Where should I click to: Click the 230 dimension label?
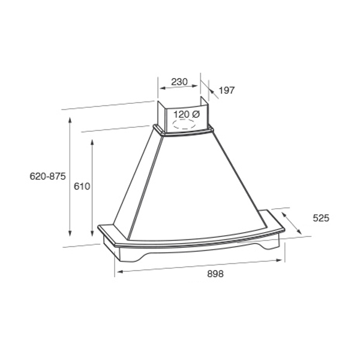(x=179, y=82)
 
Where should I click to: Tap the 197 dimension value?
(x=227, y=91)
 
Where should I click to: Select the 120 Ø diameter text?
(x=187, y=115)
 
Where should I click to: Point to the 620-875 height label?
(x=48, y=176)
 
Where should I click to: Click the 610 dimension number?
(x=82, y=186)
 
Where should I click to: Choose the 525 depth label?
(x=321, y=218)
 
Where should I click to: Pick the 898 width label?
(x=215, y=274)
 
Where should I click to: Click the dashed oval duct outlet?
(x=185, y=124)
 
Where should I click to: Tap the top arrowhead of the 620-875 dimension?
(x=70, y=121)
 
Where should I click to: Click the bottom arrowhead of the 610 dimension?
(x=92, y=233)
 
